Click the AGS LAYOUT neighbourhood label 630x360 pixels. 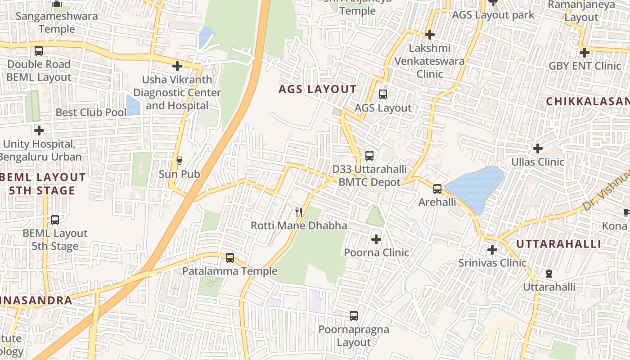[x=317, y=89]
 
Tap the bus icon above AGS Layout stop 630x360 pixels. [x=383, y=94]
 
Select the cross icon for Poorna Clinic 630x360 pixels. [x=376, y=239]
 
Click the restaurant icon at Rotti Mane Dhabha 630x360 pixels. [x=299, y=212]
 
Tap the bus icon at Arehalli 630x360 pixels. [x=437, y=189]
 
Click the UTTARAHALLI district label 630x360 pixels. [x=558, y=244]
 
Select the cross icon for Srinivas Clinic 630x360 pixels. [x=492, y=249]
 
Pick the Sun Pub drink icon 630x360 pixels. [x=180, y=161]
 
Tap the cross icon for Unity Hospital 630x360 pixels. [x=39, y=131]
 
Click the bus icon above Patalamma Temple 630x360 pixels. [x=230, y=258]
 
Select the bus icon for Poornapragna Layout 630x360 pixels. [x=354, y=316]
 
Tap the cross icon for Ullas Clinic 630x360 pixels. [x=538, y=148]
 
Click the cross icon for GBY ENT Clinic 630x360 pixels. [x=585, y=53]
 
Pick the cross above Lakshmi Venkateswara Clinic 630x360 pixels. [x=430, y=35]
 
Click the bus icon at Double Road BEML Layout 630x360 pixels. [x=39, y=51]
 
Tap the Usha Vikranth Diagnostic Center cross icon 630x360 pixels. [x=177, y=67]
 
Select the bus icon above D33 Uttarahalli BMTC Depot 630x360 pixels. [x=369, y=156]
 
